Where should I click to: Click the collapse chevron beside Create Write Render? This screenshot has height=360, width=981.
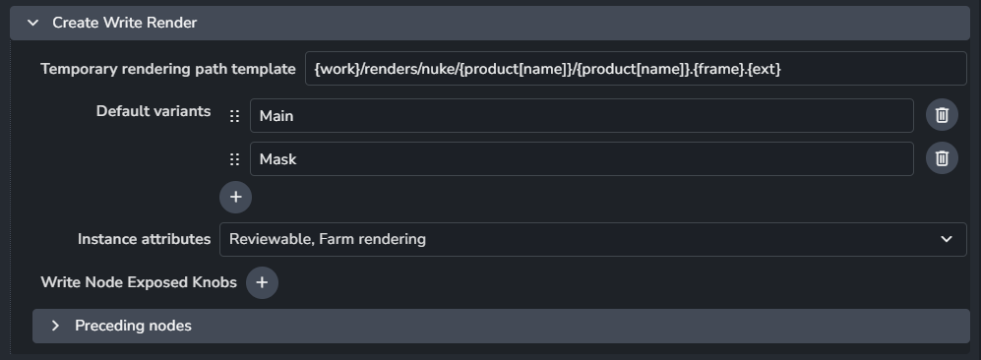click(x=31, y=24)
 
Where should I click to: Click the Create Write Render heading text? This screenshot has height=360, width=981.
click(x=125, y=23)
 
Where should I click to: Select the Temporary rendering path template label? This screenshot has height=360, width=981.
click(x=168, y=69)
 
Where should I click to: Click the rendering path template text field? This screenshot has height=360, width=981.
click(x=636, y=69)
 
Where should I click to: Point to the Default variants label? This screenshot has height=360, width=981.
click(x=153, y=111)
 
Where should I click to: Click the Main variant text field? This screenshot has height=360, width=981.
click(x=582, y=116)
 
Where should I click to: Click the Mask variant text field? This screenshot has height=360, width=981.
click(x=582, y=158)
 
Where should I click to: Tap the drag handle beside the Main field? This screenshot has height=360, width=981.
click(x=234, y=116)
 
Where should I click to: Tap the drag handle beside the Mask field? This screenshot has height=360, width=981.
click(x=234, y=159)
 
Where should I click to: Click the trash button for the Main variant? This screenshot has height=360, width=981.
click(x=942, y=115)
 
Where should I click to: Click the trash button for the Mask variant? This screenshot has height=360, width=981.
click(x=942, y=158)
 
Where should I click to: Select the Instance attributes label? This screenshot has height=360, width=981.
click(x=144, y=239)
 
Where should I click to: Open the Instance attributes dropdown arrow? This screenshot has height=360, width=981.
click(x=947, y=239)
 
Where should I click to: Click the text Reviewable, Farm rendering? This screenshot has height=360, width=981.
click(x=328, y=239)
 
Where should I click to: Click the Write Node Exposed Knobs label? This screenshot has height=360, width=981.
click(x=139, y=282)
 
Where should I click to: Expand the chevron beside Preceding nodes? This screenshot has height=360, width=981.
click(x=55, y=326)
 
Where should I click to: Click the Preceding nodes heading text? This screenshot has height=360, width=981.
click(x=133, y=326)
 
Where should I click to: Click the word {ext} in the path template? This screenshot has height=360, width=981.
click(x=765, y=69)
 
